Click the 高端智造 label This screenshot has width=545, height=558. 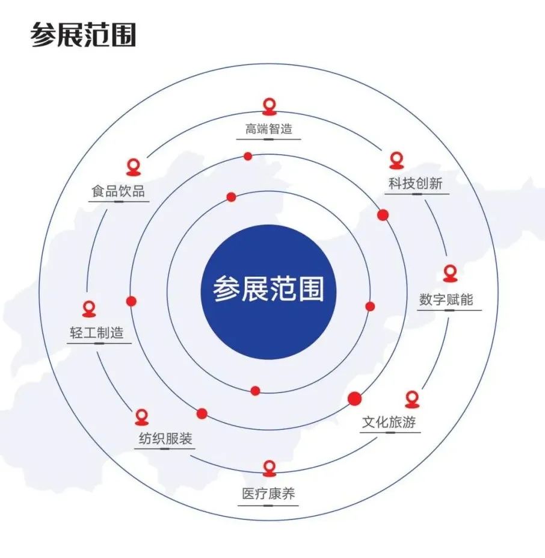[268, 128]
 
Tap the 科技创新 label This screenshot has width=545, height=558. [416, 184]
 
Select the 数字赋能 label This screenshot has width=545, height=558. [446, 299]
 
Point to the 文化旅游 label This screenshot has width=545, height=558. [389, 422]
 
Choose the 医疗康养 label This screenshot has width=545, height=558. [268, 494]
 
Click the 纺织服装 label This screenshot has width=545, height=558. [165, 438]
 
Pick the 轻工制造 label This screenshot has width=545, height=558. [97, 333]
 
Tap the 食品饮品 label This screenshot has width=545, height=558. [118, 191]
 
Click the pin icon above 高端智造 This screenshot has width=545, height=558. [269, 107]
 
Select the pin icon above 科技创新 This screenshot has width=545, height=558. [396, 161]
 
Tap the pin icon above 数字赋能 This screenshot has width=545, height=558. [450, 273]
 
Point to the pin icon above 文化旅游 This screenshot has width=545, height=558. [412, 399]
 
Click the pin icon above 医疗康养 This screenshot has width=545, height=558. [269, 468]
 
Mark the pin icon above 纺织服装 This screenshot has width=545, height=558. [141, 417]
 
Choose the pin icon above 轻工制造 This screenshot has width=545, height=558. [89, 309]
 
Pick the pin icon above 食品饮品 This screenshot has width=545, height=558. [134, 167]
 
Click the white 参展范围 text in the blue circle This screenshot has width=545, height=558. [268, 288]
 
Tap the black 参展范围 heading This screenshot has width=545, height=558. [83, 34]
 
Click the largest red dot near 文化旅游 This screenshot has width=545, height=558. [354, 398]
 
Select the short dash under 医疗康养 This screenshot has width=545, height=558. [268, 506]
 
